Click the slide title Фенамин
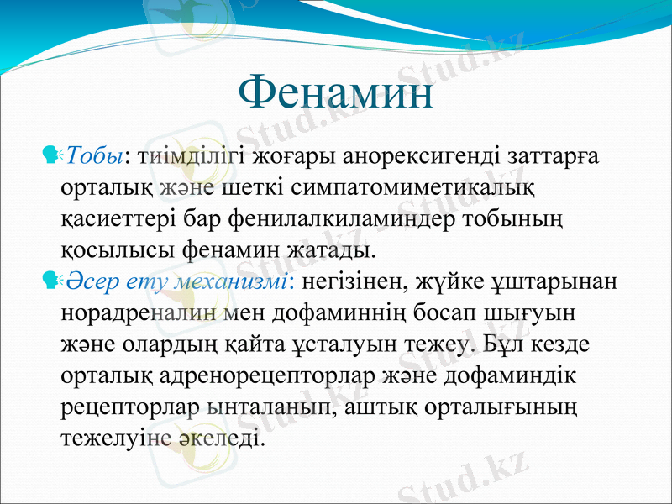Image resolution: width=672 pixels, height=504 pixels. click(336, 93)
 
